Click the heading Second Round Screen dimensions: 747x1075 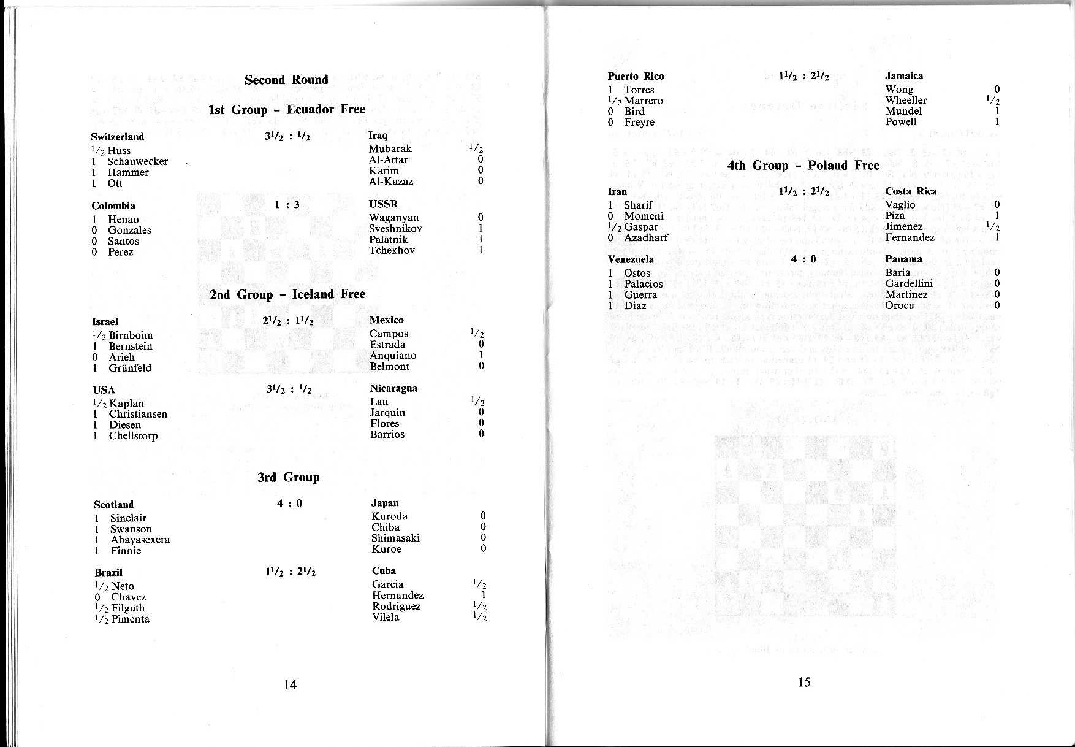click(286, 80)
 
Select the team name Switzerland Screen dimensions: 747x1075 click(118, 137)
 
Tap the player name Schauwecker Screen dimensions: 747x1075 click(137, 161)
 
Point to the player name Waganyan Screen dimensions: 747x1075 click(393, 218)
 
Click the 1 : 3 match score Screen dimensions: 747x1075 click(287, 205)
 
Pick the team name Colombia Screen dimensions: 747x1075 click(113, 205)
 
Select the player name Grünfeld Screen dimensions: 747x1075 click(130, 368)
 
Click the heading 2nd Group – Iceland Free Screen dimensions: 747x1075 click(287, 294)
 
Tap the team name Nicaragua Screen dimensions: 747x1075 click(393, 388)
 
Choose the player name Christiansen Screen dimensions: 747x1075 click(138, 414)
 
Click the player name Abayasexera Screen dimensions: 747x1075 click(140, 540)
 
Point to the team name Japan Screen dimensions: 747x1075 click(385, 503)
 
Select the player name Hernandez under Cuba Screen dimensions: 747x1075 click(397, 595)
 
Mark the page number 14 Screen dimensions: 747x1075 click(290, 685)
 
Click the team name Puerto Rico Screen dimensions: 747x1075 click(636, 76)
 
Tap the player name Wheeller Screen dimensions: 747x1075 click(906, 100)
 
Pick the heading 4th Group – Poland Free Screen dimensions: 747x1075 click(803, 166)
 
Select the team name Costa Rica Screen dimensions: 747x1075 click(911, 191)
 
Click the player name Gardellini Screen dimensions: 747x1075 click(909, 283)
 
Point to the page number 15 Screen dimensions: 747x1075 click(804, 682)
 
